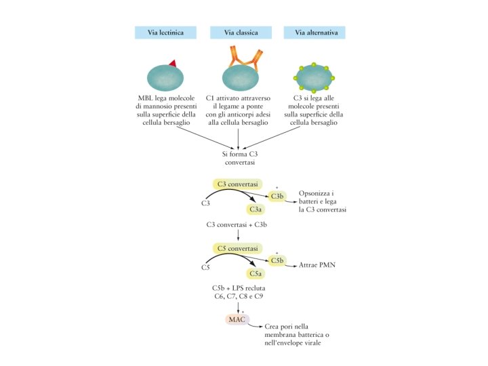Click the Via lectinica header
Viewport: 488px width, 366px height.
165,32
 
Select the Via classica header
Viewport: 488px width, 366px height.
238,32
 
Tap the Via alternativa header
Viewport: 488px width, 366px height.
315,32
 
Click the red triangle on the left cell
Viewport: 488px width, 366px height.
173,63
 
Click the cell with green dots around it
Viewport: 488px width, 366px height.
314,78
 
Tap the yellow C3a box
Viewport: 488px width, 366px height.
256,210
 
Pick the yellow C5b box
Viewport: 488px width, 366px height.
277,260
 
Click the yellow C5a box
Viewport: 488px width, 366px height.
256,274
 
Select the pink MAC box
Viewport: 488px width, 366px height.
237,319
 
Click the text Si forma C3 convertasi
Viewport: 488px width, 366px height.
238,159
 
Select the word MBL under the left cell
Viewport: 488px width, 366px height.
147,98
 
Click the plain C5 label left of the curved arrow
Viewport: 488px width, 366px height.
206,268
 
